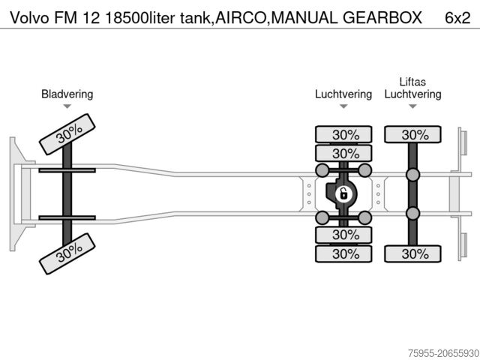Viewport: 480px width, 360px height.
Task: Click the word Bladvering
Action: point(67,94)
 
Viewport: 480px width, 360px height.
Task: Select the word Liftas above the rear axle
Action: point(412,82)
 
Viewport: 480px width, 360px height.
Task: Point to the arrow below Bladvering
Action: point(67,106)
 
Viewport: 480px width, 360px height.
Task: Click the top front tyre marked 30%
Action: point(68,134)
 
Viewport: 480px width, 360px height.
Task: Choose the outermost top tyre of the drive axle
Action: point(344,135)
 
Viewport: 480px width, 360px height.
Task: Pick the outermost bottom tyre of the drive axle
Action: point(344,253)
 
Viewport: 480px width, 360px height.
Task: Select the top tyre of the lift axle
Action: point(413,135)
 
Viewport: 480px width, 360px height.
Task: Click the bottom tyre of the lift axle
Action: point(413,253)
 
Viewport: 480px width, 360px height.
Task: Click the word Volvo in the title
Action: point(22,16)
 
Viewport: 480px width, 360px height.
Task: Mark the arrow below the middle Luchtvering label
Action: point(343,106)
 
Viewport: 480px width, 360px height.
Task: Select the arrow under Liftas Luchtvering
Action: point(412,106)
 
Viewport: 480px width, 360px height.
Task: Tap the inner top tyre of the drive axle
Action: point(344,153)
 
